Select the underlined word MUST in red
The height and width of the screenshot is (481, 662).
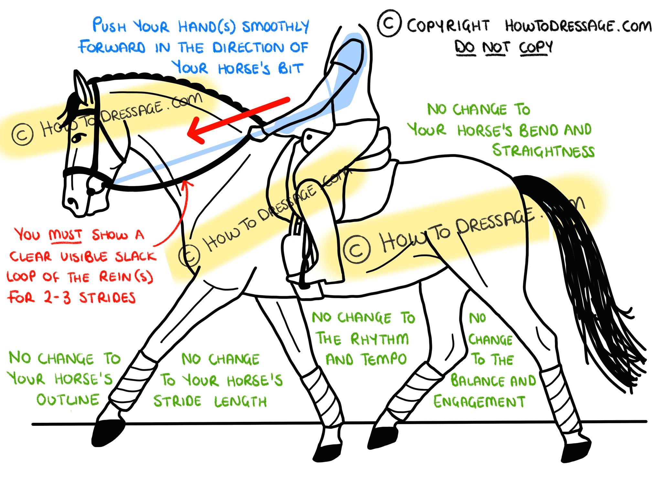click(x=65, y=235)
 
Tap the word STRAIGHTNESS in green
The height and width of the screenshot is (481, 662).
click(x=543, y=151)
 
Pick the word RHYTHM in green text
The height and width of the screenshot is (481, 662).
click(x=379, y=339)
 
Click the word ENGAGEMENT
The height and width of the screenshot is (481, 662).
click(x=479, y=402)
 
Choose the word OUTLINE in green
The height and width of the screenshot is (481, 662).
click(x=68, y=400)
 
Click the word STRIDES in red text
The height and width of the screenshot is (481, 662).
click(x=107, y=298)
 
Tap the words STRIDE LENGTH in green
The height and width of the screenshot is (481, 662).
click(x=210, y=401)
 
